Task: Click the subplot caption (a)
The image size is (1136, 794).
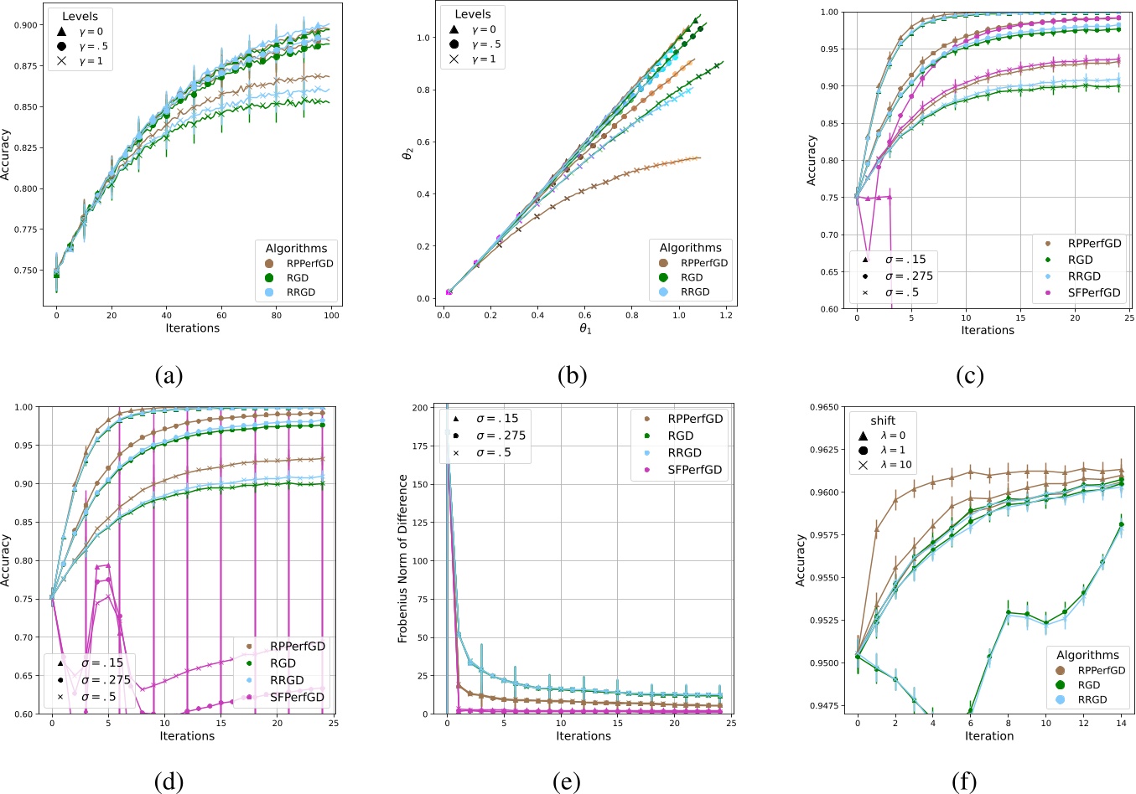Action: click(169, 376)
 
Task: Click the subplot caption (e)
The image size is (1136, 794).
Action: click(567, 782)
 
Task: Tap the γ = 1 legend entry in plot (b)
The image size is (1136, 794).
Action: click(483, 59)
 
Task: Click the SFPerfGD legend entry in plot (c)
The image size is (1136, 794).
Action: click(1093, 292)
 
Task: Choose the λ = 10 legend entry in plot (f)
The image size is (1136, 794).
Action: click(892, 465)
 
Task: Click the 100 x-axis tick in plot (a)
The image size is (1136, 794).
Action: click(332, 316)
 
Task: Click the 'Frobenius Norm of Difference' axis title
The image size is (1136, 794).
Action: click(402, 559)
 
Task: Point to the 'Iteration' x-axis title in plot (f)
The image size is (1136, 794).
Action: click(989, 736)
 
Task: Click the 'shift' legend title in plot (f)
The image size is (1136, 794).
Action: click(882, 420)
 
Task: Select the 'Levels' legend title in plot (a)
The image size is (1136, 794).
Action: click(79, 17)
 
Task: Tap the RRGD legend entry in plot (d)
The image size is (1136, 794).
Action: click(287, 680)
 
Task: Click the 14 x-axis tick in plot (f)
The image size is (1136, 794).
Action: click(1121, 723)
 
